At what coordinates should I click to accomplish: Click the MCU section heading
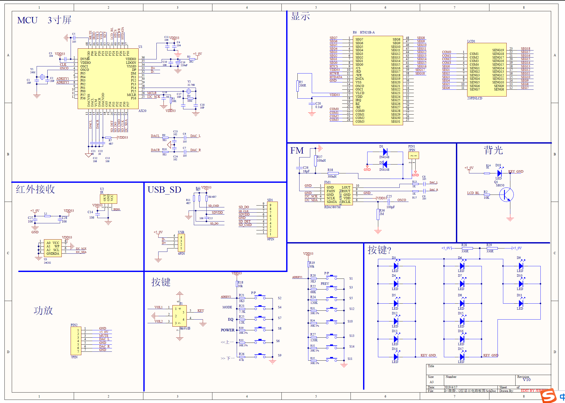(27, 20)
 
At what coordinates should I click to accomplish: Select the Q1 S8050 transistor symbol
(506, 195)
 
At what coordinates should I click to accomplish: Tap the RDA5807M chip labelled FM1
(338, 195)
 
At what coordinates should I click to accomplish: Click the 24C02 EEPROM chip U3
(53, 248)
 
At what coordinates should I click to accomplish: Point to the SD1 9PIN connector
(272, 219)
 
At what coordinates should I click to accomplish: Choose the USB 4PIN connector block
(181, 243)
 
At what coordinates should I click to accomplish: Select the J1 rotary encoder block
(179, 316)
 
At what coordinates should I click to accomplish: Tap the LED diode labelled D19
(499, 173)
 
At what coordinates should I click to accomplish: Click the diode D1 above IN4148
(385, 152)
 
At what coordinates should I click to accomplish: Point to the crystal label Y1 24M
(32, 71)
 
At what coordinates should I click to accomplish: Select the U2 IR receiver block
(108, 199)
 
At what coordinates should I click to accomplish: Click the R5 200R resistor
(298, 86)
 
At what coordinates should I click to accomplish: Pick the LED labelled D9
(521, 266)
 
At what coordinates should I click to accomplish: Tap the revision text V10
(527, 380)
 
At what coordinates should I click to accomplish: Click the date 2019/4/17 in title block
(450, 387)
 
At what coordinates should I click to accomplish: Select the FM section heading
(297, 151)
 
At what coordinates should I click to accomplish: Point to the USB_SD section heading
(164, 190)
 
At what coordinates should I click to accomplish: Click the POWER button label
(227, 330)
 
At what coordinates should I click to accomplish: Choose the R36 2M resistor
(378, 214)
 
